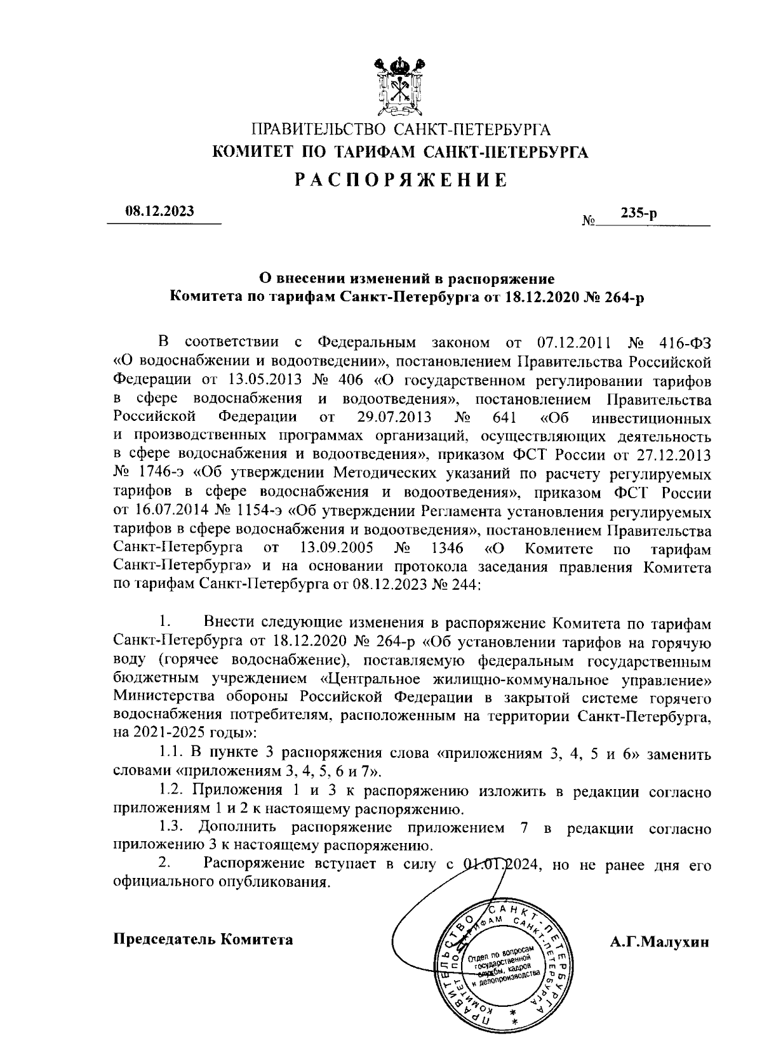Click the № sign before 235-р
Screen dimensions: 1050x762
point(588,222)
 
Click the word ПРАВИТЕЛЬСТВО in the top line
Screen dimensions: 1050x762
point(319,131)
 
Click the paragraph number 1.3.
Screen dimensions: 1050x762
point(171,828)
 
